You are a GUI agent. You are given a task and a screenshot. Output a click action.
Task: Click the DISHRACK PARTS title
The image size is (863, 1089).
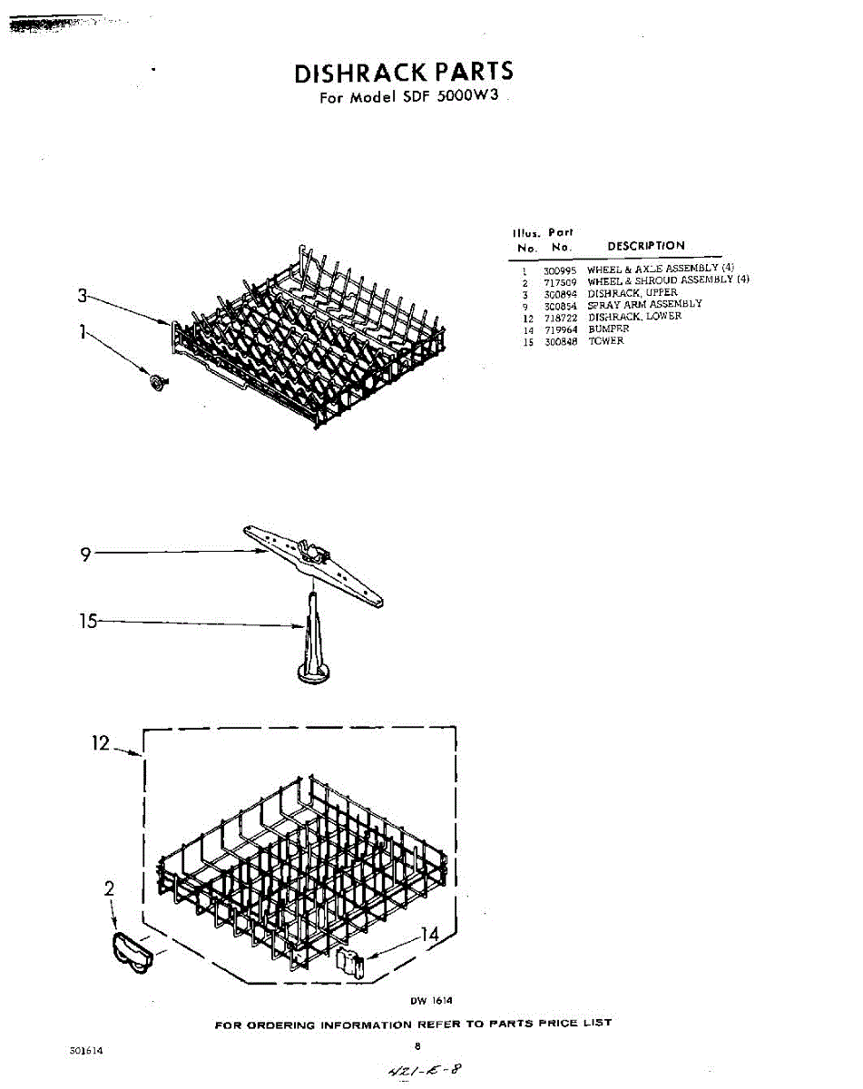[404, 73]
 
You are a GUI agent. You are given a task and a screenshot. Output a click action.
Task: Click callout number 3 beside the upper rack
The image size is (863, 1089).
[82, 295]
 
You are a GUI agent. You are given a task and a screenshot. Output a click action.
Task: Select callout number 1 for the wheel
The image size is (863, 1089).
[82, 333]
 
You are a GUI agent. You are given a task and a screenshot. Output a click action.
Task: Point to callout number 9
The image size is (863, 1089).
[85, 555]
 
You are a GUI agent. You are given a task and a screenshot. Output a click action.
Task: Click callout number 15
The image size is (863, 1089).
[87, 623]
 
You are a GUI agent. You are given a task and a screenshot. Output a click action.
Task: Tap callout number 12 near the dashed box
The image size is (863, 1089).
[100, 743]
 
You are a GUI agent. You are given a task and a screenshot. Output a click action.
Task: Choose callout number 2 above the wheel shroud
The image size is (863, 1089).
[109, 889]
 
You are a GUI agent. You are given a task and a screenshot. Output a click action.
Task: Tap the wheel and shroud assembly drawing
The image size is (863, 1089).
[132, 956]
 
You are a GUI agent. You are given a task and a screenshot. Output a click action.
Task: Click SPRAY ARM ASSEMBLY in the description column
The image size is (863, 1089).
[644, 305]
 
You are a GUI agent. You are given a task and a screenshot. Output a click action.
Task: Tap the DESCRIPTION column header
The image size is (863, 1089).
[646, 246]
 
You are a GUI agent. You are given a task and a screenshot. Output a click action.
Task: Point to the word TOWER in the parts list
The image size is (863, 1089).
[606, 341]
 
